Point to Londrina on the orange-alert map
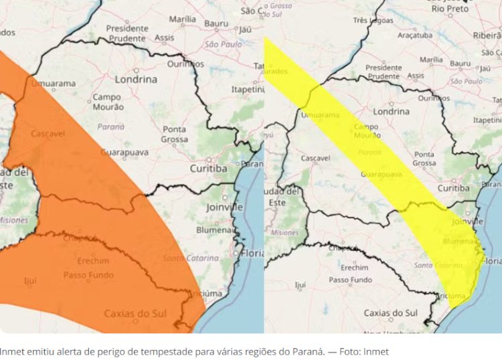[x=137, y=79]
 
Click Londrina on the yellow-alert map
[x=391, y=111]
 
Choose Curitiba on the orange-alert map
[x=208, y=169]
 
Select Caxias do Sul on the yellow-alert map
[x=390, y=313]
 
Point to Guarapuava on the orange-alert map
[x=124, y=153]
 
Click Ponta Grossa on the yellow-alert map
[x=424, y=159]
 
